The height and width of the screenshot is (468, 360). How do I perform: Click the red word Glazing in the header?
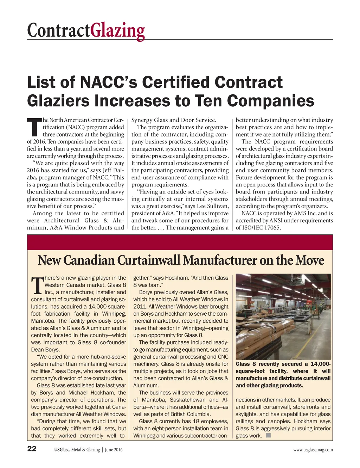coord(117,31)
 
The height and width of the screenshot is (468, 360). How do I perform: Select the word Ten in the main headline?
coord(208,101)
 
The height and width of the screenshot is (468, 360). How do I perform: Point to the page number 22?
coord(32,449)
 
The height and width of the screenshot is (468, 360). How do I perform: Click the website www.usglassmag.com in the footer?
coord(313,450)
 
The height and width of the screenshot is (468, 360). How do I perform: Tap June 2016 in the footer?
coord(114,450)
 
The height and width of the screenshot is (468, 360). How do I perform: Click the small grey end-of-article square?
coord(268,435)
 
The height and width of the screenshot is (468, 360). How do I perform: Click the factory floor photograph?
coord(283,316)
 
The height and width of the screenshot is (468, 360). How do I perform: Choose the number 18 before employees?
coord(197,421)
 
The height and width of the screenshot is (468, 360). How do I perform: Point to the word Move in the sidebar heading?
coord(310,260)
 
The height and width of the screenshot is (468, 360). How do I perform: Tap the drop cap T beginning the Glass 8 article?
coord(37,285)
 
